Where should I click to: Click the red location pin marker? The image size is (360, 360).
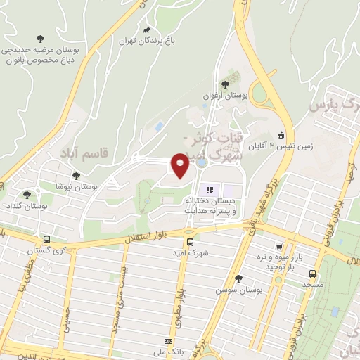pyautogui.click(x=180, y=165)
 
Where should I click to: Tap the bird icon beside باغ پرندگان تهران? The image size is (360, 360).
pyautogui.click(x=146, y=30)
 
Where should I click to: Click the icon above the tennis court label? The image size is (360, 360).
pyautogui.click(x=281, y=135)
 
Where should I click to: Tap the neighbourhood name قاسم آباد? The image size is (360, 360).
pyautogui.click(x=73, y=153)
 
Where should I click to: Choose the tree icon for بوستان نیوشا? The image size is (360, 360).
pyautogui.click(x=76, y=176)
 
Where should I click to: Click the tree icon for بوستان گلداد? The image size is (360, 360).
pyautogui.click(x=27, y=195)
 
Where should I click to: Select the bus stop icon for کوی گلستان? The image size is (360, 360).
pyautogui.click(x=46, y=239)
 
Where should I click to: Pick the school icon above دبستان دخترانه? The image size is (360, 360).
pyautogui.click(x=209, y=190)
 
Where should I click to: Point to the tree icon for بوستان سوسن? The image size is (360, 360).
pyautogui.click(x=238, y=278)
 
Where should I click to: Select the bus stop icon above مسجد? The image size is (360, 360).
pyautogui.click(x=312, y=274)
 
